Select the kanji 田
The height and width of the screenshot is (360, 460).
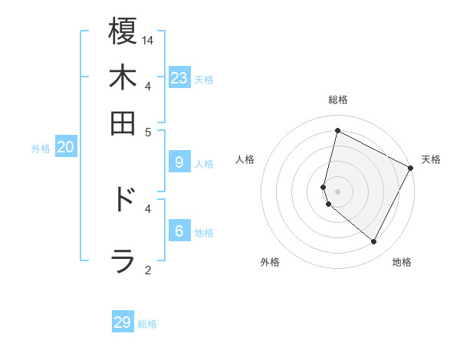click(x=123, y=123)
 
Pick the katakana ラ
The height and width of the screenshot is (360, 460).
click(x=123, y=261)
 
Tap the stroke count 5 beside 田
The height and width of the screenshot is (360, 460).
click(x=148, y=132)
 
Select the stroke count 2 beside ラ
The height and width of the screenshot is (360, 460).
click(x=148, y=270)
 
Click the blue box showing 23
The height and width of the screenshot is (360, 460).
click(x=179, y=77)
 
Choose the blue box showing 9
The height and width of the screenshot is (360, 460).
click(x=179, y=162)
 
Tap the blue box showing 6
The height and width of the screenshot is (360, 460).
click(x=179, y=231)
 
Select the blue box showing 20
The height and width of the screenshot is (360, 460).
click(x=65, y=148)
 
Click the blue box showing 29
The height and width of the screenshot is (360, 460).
click(x=123, y=322)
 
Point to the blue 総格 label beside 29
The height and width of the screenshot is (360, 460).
click(x=148, y=324)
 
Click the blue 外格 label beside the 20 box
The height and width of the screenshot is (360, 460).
click(x=41, y=149)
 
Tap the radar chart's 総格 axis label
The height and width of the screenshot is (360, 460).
click(x=337, y=100)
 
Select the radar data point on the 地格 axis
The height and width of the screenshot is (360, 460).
click(x=374, y=242)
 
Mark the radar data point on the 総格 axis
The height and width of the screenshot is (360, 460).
click(x=337, y=131)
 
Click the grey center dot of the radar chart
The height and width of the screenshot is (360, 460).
click(x=337, y=191)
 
